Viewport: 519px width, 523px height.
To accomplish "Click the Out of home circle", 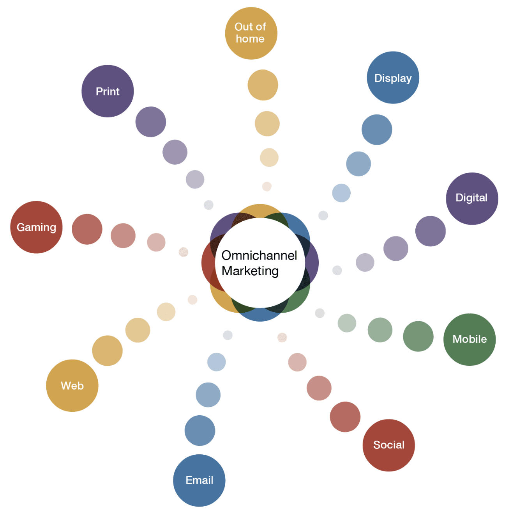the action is (x=251, y=33).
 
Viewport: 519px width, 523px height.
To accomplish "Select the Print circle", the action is (x=108, y=91).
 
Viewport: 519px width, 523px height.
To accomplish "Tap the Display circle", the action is (x=393, y=77).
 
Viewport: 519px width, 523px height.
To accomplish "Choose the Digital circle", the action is (x=471, y=198).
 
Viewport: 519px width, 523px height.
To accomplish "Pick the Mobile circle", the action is (x=469, y=339).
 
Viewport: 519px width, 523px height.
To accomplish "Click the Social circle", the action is (x=388, y=445).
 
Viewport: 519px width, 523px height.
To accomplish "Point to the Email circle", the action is (x=199, y=480).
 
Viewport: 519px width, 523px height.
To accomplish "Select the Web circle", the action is (x=72, y=385).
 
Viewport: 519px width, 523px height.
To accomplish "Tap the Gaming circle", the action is (x=36, y=227).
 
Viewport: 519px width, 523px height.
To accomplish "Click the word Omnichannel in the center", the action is (x=259, y=255).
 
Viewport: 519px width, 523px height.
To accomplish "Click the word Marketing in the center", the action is (x=250, y=271).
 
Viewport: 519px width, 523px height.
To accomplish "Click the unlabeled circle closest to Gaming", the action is (x=87, y=229).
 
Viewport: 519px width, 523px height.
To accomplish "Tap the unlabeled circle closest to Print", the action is (x=151, y=122).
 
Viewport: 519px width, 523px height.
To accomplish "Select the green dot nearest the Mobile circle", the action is (x=418, y=336).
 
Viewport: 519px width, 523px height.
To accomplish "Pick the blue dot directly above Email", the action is (x=200, y=430).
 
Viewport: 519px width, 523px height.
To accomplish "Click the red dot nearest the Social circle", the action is (x=345, y=416).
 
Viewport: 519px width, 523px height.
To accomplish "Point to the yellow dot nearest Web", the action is (x=107, y=350).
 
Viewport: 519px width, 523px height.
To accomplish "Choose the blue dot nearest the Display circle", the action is (x=377, y=130).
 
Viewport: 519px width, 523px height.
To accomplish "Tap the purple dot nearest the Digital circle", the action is (x=431, y=231).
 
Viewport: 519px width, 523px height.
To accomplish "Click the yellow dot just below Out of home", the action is (x=263, y=85).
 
